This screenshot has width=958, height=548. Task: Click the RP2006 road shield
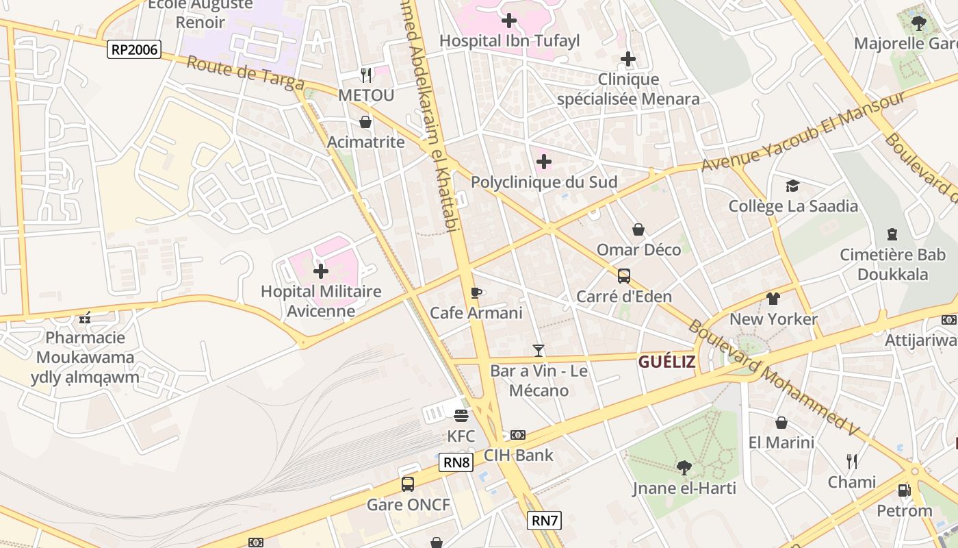(134, 49)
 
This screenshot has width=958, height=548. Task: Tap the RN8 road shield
(456, 462)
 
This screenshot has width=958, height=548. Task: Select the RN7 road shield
(545, 521)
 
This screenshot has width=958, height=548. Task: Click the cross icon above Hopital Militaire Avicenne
(320, 271)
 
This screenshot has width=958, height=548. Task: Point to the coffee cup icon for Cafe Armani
(476, 293)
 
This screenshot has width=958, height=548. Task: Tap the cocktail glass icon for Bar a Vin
(539, 351)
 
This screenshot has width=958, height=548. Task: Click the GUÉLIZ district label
(666, 362)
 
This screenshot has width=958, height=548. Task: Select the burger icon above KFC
(461, 416)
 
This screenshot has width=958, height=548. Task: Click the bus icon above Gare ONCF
(408, 484)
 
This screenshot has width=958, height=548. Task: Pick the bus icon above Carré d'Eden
(624, 276)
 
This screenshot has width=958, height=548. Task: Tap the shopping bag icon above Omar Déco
(638, 229)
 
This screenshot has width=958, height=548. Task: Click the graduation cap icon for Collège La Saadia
(792, 186)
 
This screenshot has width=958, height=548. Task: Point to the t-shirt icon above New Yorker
(773, 299)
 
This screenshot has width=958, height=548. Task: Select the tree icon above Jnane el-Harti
(683, 468)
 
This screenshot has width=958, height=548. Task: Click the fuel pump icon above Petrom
(904, 490)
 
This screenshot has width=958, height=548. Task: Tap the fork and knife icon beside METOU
(366, 74)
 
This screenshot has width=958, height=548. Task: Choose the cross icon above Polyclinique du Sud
(544, 162)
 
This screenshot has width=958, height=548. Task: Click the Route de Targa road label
(245, 73)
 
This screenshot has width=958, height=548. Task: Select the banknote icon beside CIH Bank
(518, 435)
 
